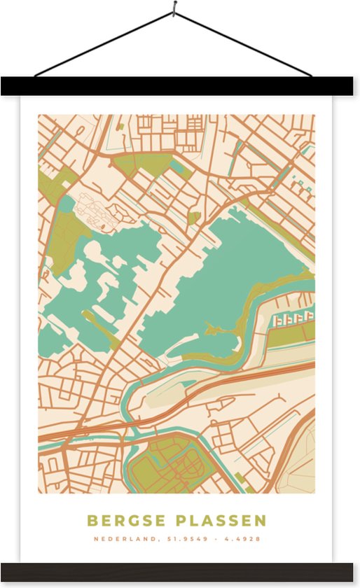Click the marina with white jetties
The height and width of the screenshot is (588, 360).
(x=293, y=319)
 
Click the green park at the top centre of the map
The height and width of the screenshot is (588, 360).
(x=140, y=164)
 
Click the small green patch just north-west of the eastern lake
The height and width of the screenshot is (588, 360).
(x=193, y=218)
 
